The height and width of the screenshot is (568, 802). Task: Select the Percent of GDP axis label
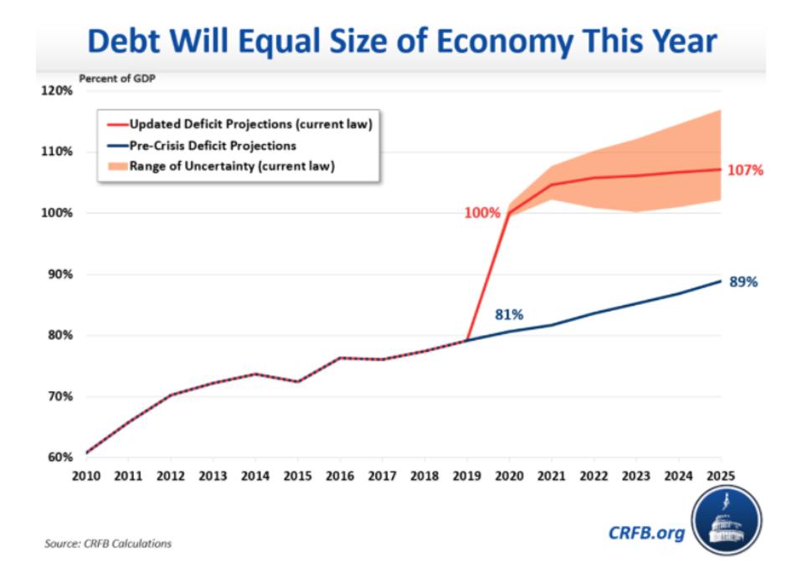click(x=116, y=79)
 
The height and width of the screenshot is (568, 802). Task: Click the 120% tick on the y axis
click(x=58, y=90)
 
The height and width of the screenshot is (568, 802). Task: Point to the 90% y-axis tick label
click(x=60, y=274)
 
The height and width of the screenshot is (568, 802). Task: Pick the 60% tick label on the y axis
click(x=60, y=457)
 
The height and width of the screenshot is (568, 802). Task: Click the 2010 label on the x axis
click(x=86, y=475)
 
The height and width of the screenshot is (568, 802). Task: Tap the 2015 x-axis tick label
click(x=297, y=475)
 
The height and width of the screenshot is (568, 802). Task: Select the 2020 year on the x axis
click(x=509, y=475)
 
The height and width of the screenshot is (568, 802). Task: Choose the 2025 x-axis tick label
click(x=721, y=475)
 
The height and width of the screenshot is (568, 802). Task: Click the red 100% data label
click(x=481, y=213)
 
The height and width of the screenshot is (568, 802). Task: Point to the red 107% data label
click(x=746, y=170)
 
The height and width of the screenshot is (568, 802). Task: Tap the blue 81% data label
click(x=509, y=315)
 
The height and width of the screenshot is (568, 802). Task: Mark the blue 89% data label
click(x=743, y=282)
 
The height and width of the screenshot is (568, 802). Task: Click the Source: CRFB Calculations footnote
click(x=108, y=544)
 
